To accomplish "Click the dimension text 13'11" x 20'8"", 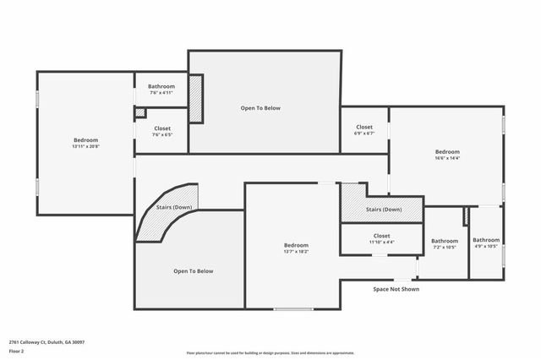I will [x=85, y=147].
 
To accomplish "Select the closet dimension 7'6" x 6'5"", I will [x=161, y=134].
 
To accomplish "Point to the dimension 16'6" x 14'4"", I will [x=447, y=158].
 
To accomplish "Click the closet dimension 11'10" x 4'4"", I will [x=381, y=243].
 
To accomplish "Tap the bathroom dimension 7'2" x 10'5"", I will [x=445, y=248].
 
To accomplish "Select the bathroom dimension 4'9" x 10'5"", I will [x=486, y=247].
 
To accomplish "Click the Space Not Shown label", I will [x=396, y=289].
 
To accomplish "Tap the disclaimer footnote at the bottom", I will [x=282, y=353].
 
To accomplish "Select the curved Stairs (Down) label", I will [x=174, y=207].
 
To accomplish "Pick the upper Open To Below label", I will [x=260, y=108].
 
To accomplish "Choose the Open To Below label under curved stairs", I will [x=194, y=271].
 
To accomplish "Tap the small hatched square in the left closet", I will [x=139, y=112].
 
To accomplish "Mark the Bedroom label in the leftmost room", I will [x=85, y=140].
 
